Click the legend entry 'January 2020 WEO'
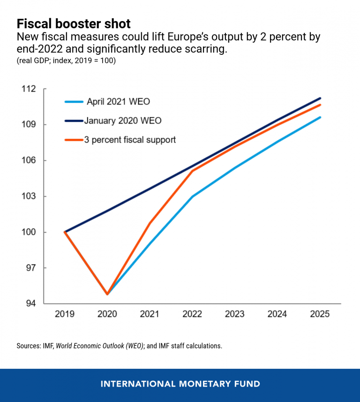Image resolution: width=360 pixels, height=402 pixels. coord(123,120)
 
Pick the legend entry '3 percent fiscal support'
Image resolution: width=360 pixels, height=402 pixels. coord(130,140)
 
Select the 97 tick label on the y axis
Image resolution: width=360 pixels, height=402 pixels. coord(31,268)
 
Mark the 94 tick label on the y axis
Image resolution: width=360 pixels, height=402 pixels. coord(31,304)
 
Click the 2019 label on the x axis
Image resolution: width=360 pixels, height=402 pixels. coord(65,314)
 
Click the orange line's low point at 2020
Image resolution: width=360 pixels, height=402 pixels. coord(107,294)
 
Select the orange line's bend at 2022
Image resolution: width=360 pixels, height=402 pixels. coord(193,171)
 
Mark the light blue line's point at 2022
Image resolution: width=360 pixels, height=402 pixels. coord(193,196)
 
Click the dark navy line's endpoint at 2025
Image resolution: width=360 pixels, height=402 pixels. coord(320,98)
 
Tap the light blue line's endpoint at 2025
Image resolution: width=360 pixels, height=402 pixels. coord(320,117)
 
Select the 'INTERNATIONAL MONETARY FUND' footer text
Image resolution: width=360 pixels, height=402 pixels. coord(180,384)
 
